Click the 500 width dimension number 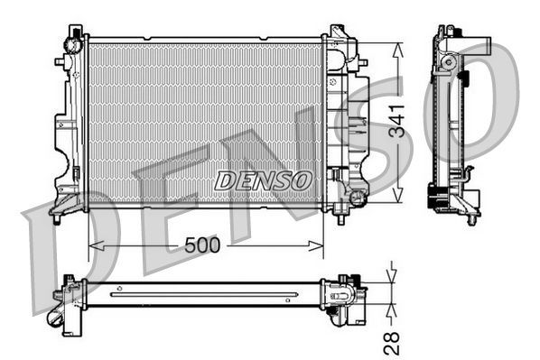point(204,245)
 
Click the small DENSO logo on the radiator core point(263,180)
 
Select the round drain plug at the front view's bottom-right point(358,197)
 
